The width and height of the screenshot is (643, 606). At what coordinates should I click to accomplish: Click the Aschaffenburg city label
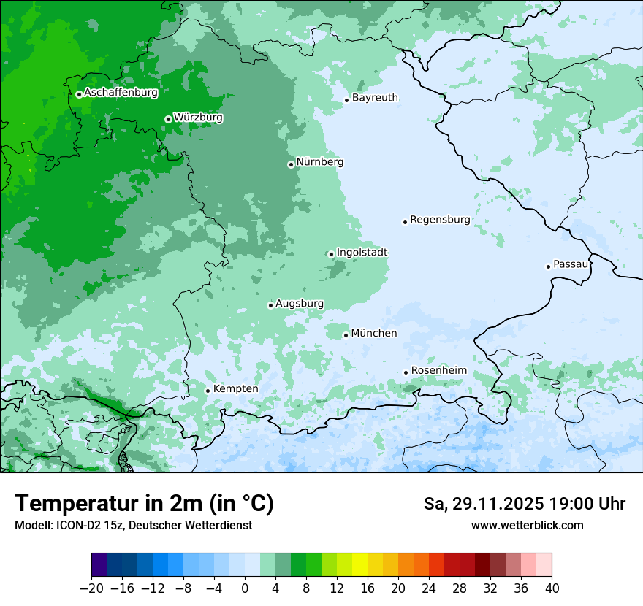click(x=121, y=93)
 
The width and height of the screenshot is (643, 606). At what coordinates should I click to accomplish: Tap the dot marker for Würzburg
click(x=168, y=119)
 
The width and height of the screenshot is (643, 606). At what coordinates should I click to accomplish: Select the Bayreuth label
click(x=375, y=97)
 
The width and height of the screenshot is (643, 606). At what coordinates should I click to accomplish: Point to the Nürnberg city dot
click(x=291, y=164)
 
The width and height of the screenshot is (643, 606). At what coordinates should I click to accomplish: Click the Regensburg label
click(x=440, y=219)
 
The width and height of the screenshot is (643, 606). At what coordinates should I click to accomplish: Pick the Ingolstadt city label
click(x=362, y=253)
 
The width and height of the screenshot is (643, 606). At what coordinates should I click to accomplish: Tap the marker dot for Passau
click(x=548, y=266)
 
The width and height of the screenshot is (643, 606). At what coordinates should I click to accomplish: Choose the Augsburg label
click(x=299, y=304)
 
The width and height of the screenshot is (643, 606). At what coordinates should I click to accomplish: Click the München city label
click(x=374, y=334)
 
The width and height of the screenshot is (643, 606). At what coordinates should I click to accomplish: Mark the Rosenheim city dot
click(x=406, y=372)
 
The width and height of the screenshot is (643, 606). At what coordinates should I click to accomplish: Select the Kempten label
click(x=235, y=388)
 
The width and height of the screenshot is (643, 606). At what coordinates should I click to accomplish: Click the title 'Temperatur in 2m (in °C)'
click(x=144, y=504)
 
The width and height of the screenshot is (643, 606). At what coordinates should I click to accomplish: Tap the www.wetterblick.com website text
click(x=527, y=525)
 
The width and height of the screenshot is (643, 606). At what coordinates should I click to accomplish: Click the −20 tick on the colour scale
click(x=91, y=588)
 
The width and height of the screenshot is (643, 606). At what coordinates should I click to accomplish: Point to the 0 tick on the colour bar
click(x=245, y=588)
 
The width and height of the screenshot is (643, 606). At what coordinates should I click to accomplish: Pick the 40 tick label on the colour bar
click(x=552, y=588)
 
